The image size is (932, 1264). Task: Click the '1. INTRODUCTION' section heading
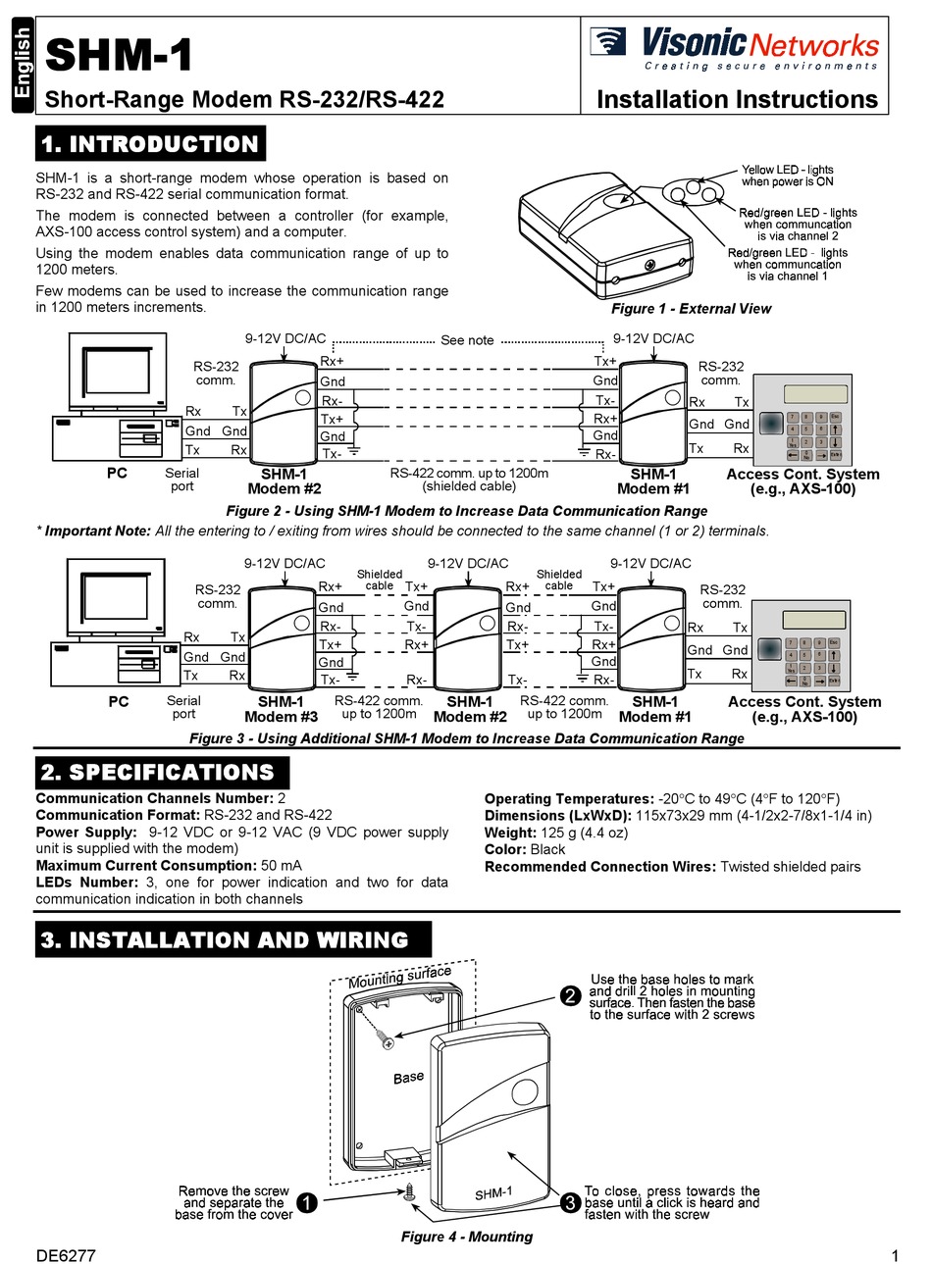tap(150, 144)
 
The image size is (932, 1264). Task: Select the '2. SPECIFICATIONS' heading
tap(158, 772)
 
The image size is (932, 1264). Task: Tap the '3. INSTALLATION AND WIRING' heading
tap(225, 939)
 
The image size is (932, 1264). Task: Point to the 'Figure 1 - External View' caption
tap(691, 309)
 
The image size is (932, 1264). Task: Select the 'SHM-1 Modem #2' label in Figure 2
tap(284, 481)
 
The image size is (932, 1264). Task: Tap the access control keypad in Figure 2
tap(801, 421)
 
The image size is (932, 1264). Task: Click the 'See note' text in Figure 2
tap(467, 340)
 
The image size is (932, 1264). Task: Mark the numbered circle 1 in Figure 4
tap(306, 1203)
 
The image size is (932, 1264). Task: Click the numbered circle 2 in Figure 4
tap(570, 996)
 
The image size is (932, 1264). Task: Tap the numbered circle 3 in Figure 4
tap(570, 1203)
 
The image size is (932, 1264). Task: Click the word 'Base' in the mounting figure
tap(408, 1078)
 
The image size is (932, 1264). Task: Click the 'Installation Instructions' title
tap(737, 100)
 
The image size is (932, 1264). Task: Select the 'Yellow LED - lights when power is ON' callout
tap(787, 176)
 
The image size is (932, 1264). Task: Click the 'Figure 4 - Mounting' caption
tap(466, 1237)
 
